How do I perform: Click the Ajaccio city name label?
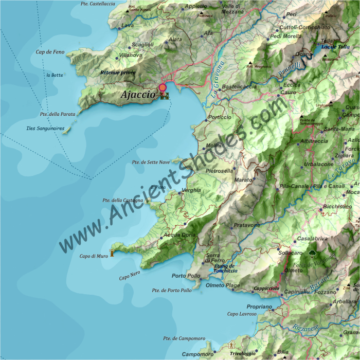(137, 95)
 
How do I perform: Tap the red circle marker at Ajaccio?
(163, 87)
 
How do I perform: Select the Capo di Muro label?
(94, 256)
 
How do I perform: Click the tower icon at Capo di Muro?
(111, 252)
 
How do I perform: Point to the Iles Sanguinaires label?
(46, 128)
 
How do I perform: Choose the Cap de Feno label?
(50, 52)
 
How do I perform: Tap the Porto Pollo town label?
(186, 276)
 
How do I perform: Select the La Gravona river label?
(218, 80)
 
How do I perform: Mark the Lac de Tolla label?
(335, 47)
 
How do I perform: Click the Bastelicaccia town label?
(239, 87)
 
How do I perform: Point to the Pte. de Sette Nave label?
(151, 162)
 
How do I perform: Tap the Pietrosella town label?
(220, 170)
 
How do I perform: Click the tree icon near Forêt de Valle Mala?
(312, 253)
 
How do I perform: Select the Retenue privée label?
(118, 73)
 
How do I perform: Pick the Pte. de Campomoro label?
(184, 338)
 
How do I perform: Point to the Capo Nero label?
(130, 277)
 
